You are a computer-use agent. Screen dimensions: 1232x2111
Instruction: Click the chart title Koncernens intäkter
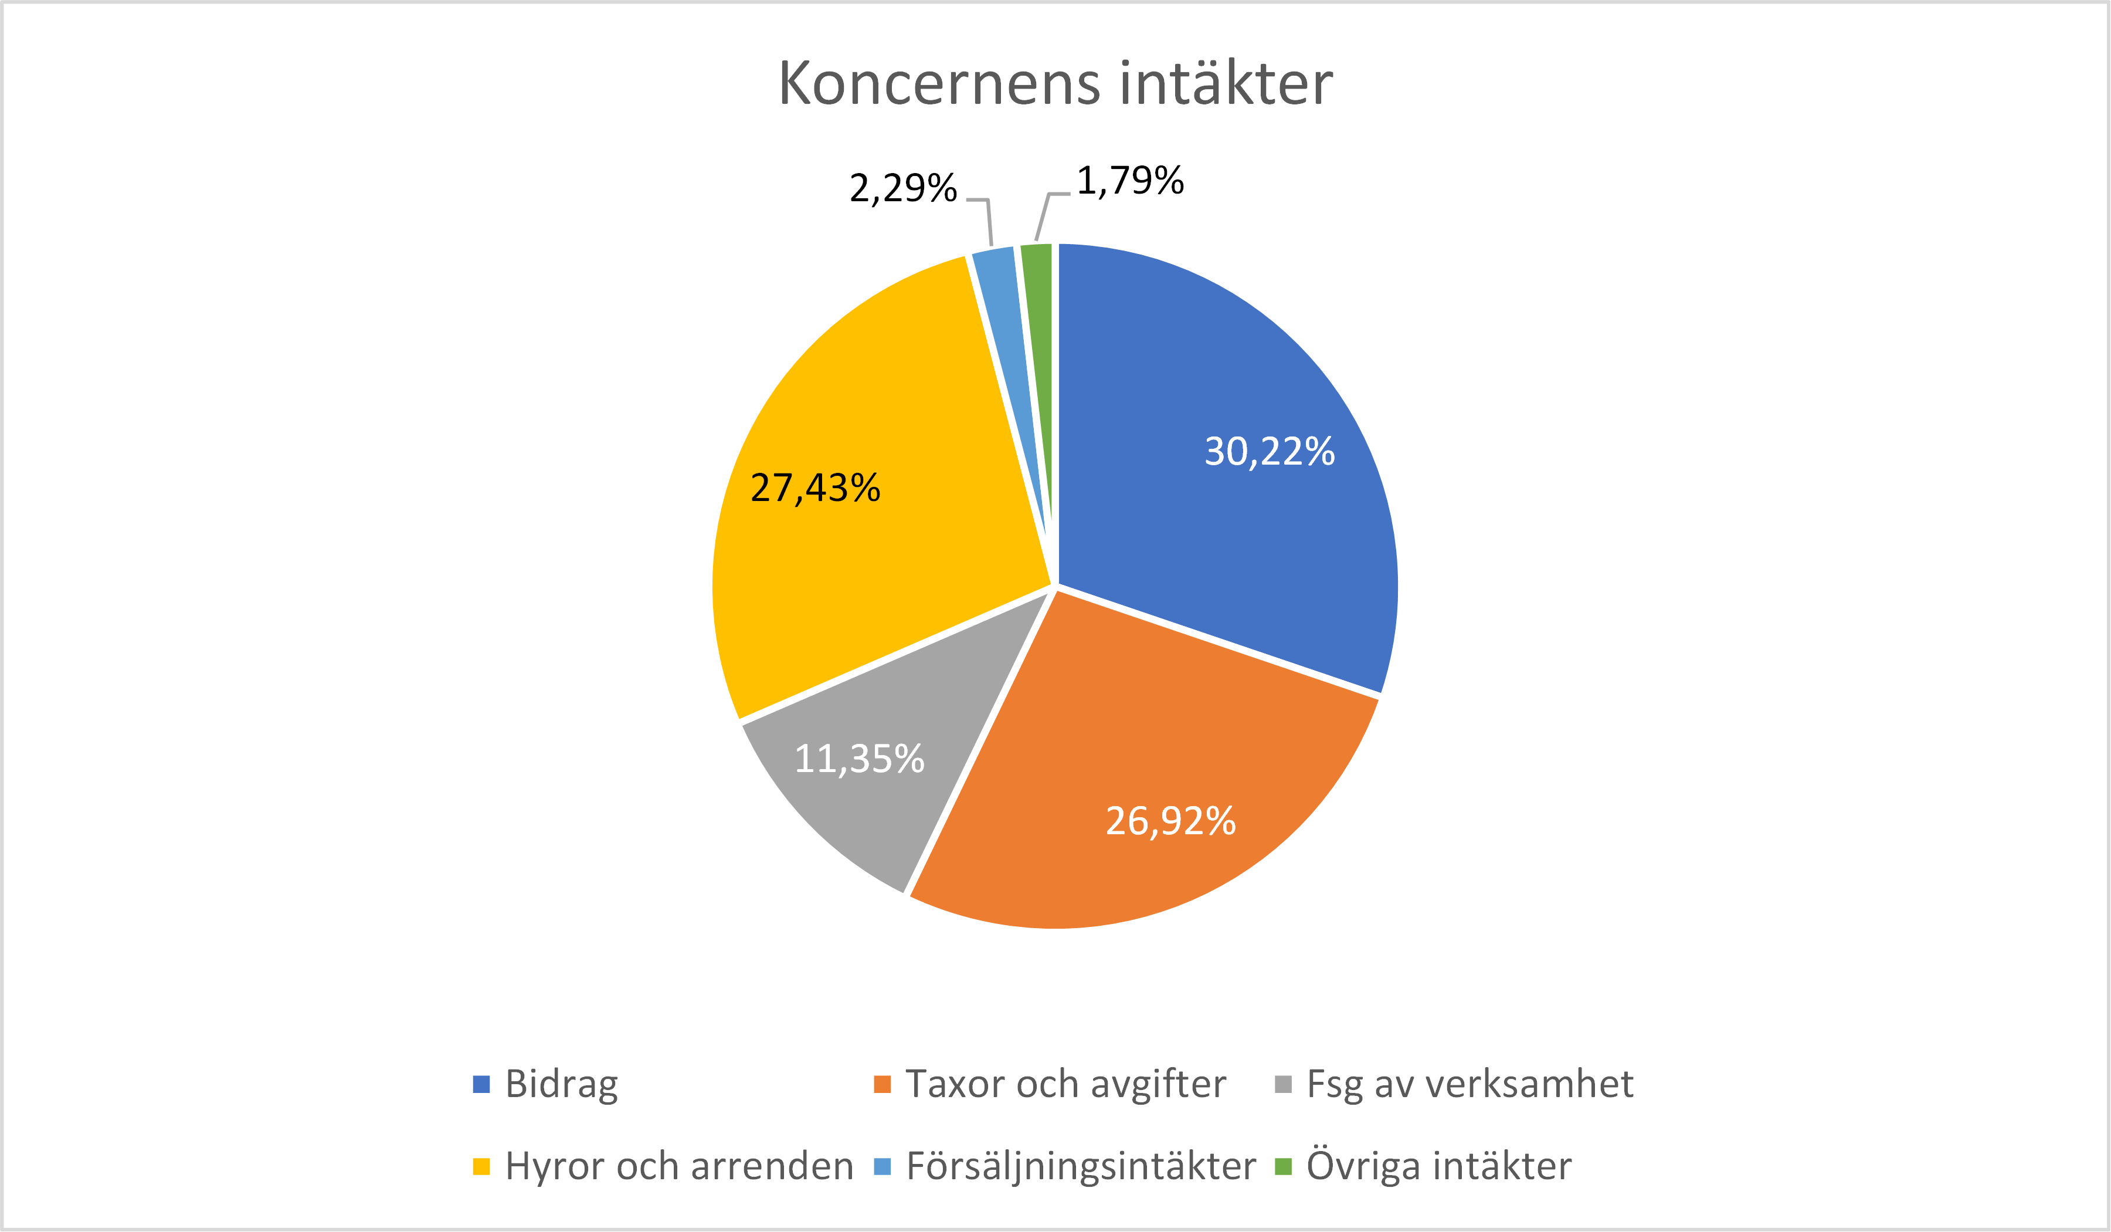pyautogui.click(x=1055, y=84)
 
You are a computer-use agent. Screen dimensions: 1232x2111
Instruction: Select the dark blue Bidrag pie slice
pyautogui.click(x=1214, y=503)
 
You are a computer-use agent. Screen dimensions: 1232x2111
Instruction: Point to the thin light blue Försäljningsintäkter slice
pyautogui.click(x=1009, y=335)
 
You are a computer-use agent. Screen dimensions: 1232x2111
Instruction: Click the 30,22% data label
pyautogui.click(x=1269, y=452)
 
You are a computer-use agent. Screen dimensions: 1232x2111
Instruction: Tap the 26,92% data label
pyautogui.click(x=1170, y=821)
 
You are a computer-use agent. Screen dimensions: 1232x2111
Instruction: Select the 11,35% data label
pyautogui.click(x=858, y=759)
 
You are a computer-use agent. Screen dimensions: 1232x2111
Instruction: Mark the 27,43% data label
pyautogui.click(x=815, y=488)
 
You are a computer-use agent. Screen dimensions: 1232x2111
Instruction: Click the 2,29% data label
pyautogui.click(x=903, y=188)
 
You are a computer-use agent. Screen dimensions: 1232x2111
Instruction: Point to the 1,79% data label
pyautogui.click(x=1130, y=181)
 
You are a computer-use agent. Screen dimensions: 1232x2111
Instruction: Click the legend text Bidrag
pyautogui.click(x=561, y=1085)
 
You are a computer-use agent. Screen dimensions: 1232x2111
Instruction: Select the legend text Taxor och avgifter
pyautogui.click(x=1065, y=1085)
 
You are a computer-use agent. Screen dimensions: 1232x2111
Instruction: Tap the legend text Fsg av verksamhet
pyautogui.click(x=1469, y=1085)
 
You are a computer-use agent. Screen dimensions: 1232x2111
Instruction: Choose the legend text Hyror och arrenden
pyautogui.click(x=678, y=1167)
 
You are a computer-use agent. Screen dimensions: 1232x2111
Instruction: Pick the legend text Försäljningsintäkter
pyautogui.click(x=1081, y=1167)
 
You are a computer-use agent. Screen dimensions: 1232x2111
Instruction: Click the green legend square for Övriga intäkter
pyautogui.click(x=1282, y=1167)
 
